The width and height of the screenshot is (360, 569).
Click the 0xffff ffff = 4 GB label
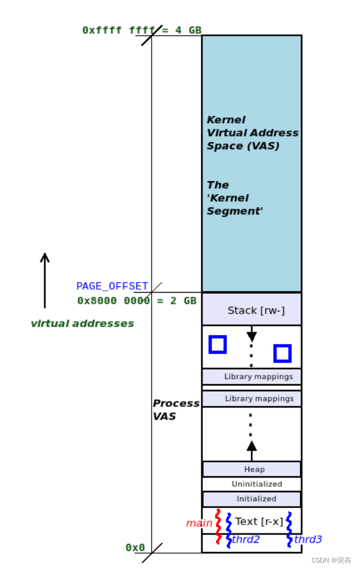click(142, 30)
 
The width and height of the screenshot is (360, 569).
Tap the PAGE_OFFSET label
click(112, 286)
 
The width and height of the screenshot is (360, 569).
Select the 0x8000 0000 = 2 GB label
click(137, 301)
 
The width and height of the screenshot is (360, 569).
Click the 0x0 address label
click(135, 547)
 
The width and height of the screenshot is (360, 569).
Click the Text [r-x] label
click(258, 521)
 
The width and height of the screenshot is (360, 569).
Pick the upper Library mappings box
click(251, 377)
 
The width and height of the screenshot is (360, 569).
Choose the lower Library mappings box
click(251, 399)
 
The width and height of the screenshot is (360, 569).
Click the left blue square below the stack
click(218, 345)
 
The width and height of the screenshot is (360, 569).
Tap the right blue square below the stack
click(282, 353)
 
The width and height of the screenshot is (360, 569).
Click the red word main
click(199, 524)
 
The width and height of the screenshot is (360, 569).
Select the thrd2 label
click(246, 540)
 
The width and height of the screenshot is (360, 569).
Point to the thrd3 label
click(307, 540)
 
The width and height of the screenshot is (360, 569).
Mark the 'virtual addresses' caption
click(82, 324)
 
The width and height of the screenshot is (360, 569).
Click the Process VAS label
click(176, 410)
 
